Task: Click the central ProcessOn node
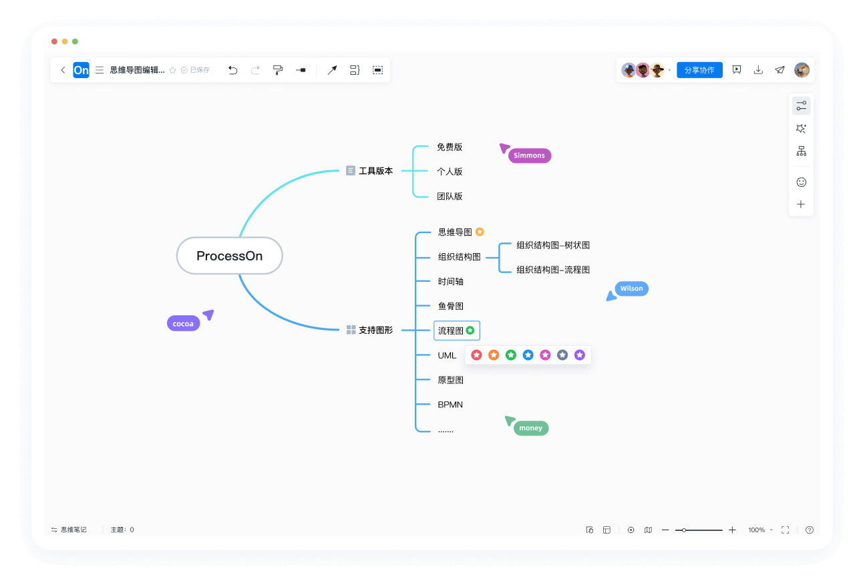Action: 229,256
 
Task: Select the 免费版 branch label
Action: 450,147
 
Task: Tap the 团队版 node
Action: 450,196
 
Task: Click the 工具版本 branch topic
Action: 375,171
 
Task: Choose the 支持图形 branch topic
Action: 375,330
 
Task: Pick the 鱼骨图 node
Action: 450,306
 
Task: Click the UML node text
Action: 447,355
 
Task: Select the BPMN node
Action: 450,405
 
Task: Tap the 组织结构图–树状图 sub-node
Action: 552,245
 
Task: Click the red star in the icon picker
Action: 476,355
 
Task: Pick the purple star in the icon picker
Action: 580,355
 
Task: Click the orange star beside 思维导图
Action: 480,232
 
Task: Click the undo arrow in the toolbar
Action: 232,70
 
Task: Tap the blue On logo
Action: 81,70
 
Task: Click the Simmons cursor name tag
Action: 529,156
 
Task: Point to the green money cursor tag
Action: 530,428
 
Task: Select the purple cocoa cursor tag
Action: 183,324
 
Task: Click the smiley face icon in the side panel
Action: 801,182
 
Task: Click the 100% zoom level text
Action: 756,530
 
